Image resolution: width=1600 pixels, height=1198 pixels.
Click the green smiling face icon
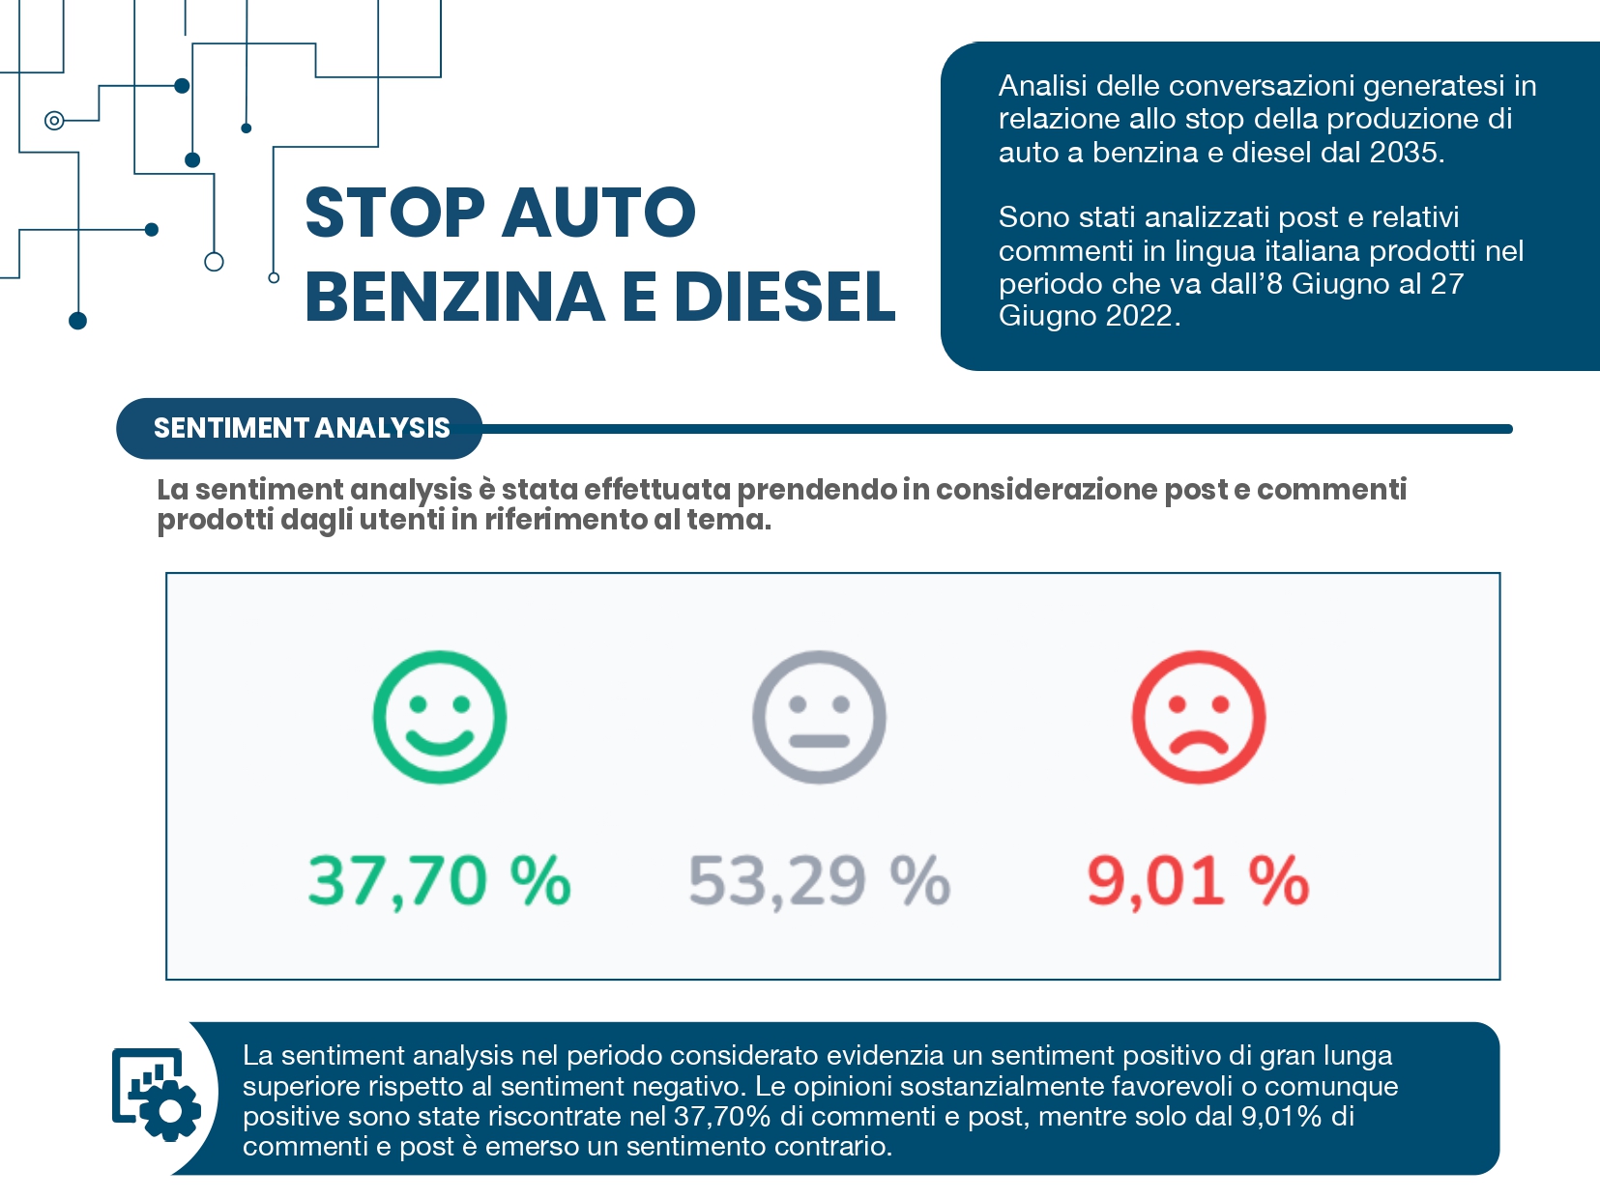[x=440, y=717]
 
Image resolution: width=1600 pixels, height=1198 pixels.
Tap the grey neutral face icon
[x=819, y=717]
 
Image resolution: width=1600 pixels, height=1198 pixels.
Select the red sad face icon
[x=1198, y=717]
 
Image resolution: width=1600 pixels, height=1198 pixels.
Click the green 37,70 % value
[x=440, y=881]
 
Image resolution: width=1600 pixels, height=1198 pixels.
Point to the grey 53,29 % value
[x=819, y=881]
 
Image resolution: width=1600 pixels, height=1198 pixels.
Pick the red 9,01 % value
[x=1198, y=881]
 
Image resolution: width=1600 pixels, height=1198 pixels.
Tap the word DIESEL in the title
[x=785, y=297]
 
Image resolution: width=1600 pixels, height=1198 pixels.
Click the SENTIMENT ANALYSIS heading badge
[x=301, y=428]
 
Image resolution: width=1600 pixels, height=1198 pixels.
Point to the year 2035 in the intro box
[x=1407, y=153]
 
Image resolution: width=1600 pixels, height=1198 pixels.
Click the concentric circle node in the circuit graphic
[x=54, y=121]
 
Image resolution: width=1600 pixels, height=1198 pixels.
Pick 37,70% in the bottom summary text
[x=721, y=1117]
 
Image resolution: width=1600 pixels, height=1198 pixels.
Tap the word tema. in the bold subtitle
[x=729, y=520]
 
